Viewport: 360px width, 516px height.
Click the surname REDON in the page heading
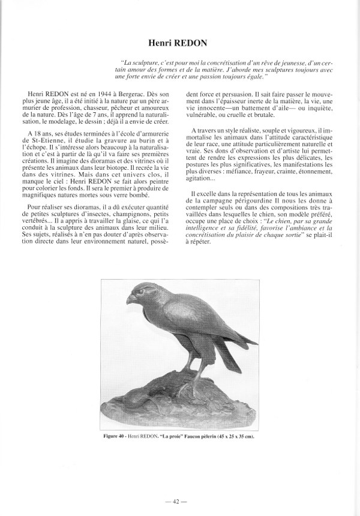198,44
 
